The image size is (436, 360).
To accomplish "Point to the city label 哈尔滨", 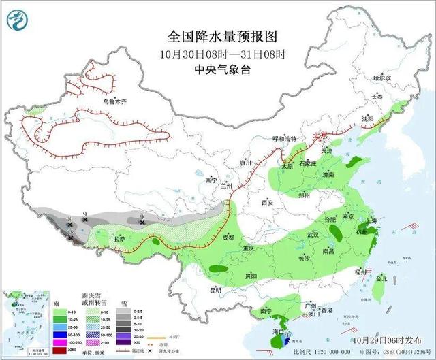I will [384, 78].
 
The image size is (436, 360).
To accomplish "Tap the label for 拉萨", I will [120, 239].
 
